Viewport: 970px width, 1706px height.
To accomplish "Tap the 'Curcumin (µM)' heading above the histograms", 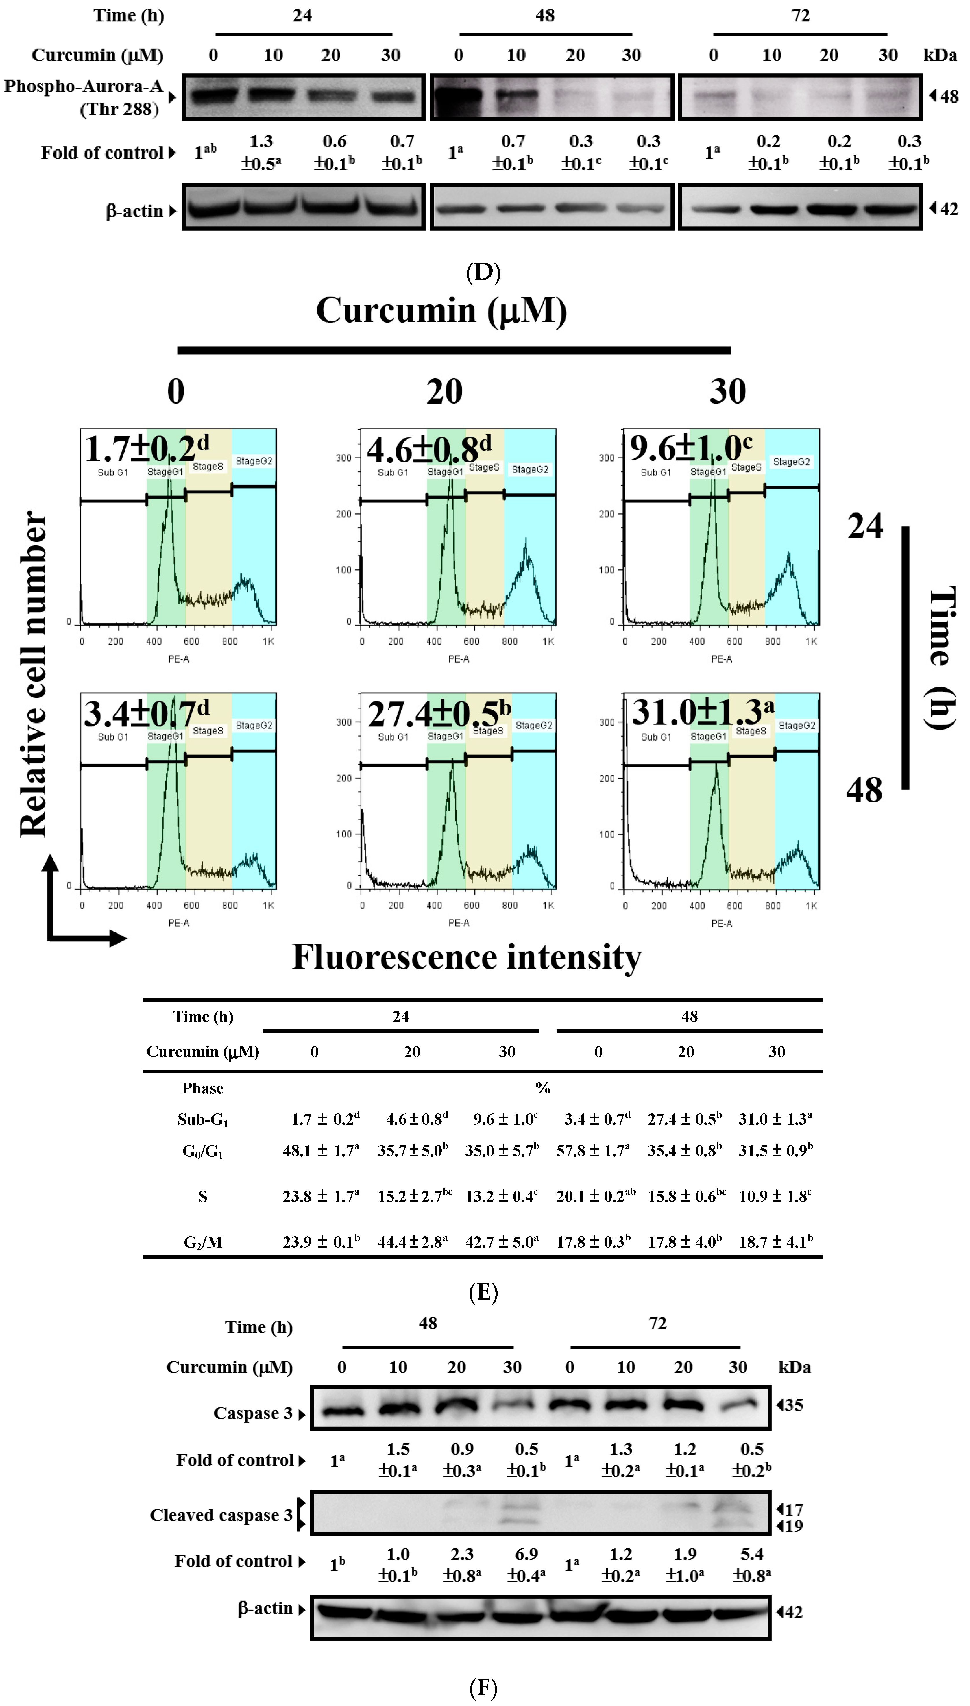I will pos(441,310).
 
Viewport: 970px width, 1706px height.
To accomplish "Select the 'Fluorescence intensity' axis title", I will pos(466,958).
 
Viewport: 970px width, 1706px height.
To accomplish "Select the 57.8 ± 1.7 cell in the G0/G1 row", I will pos(593,1150).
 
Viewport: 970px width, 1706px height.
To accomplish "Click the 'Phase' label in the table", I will pos(202,1088).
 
